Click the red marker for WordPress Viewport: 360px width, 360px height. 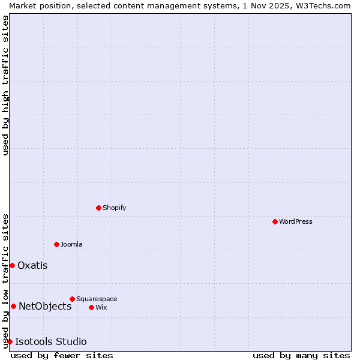(x=275, y=221)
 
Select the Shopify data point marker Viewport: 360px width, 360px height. (x=98, y=208)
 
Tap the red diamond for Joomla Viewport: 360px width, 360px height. (x=56, y=244)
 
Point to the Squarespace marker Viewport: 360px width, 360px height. (x=72, y=299)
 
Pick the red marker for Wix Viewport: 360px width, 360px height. (x=91, y=307)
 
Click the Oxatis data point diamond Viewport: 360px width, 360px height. (x=12, y=265)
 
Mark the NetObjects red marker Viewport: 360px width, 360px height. (x=13, y=306)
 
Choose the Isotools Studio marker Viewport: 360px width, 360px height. (x=10, y=341)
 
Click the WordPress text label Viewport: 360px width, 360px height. (x=296, y=221)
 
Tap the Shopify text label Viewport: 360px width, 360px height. (x=115, y=208)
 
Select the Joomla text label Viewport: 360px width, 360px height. (x=71, y=244)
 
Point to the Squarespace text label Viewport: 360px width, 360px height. (x=97, y=299)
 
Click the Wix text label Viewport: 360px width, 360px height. (x=101, y=307)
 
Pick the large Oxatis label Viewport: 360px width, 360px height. (x=32, y=265)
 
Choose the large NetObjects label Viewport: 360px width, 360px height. (x=45, y=306)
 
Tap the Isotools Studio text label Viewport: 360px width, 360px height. (x=51, y=341)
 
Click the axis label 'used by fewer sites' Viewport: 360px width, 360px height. (x=62, y=355)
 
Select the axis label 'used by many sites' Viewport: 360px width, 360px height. (x=301, y=355)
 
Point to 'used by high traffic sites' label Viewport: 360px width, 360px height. (x=5, y=85)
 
